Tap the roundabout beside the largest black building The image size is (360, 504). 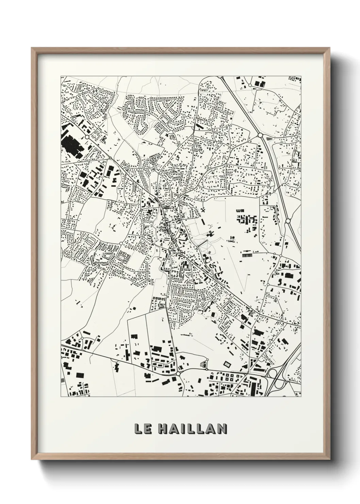pos(87,137)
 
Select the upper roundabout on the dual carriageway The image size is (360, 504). pos(260,135)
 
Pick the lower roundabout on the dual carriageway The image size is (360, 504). pos(288,221)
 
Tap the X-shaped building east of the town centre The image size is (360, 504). pos(203,211)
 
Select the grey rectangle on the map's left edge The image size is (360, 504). pos(62,380)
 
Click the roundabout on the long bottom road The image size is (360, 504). pos(178,374)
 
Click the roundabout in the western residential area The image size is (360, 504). pos(121,243)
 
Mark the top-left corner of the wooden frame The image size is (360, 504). pos(32,48)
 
